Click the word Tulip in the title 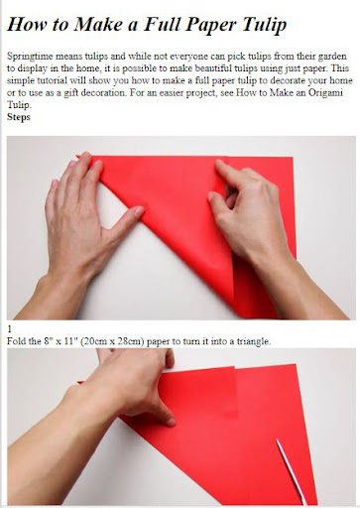[x=264, y=25]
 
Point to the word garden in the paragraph [x=332, y=57]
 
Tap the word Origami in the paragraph [x=325, y=92]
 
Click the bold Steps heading [x=19, y=117]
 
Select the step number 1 [x=10, y=329]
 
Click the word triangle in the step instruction [x=254, y=341]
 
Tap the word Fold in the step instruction [x=16, y=341]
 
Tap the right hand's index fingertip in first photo [x=219, y=163]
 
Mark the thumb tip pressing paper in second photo [x=171, y=422]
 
